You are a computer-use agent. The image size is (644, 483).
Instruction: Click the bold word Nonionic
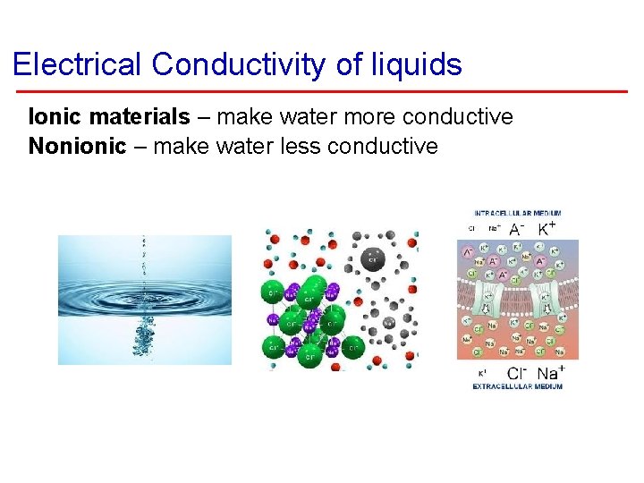point(78,146)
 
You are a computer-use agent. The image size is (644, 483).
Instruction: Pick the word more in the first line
point(368,117)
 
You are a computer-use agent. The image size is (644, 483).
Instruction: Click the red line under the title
point(322,91)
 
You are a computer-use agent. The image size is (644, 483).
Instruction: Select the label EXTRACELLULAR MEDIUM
point(518,386)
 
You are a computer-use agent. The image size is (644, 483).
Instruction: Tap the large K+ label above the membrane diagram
point(545,229)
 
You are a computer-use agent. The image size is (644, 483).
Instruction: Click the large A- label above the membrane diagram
point(517,229)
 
